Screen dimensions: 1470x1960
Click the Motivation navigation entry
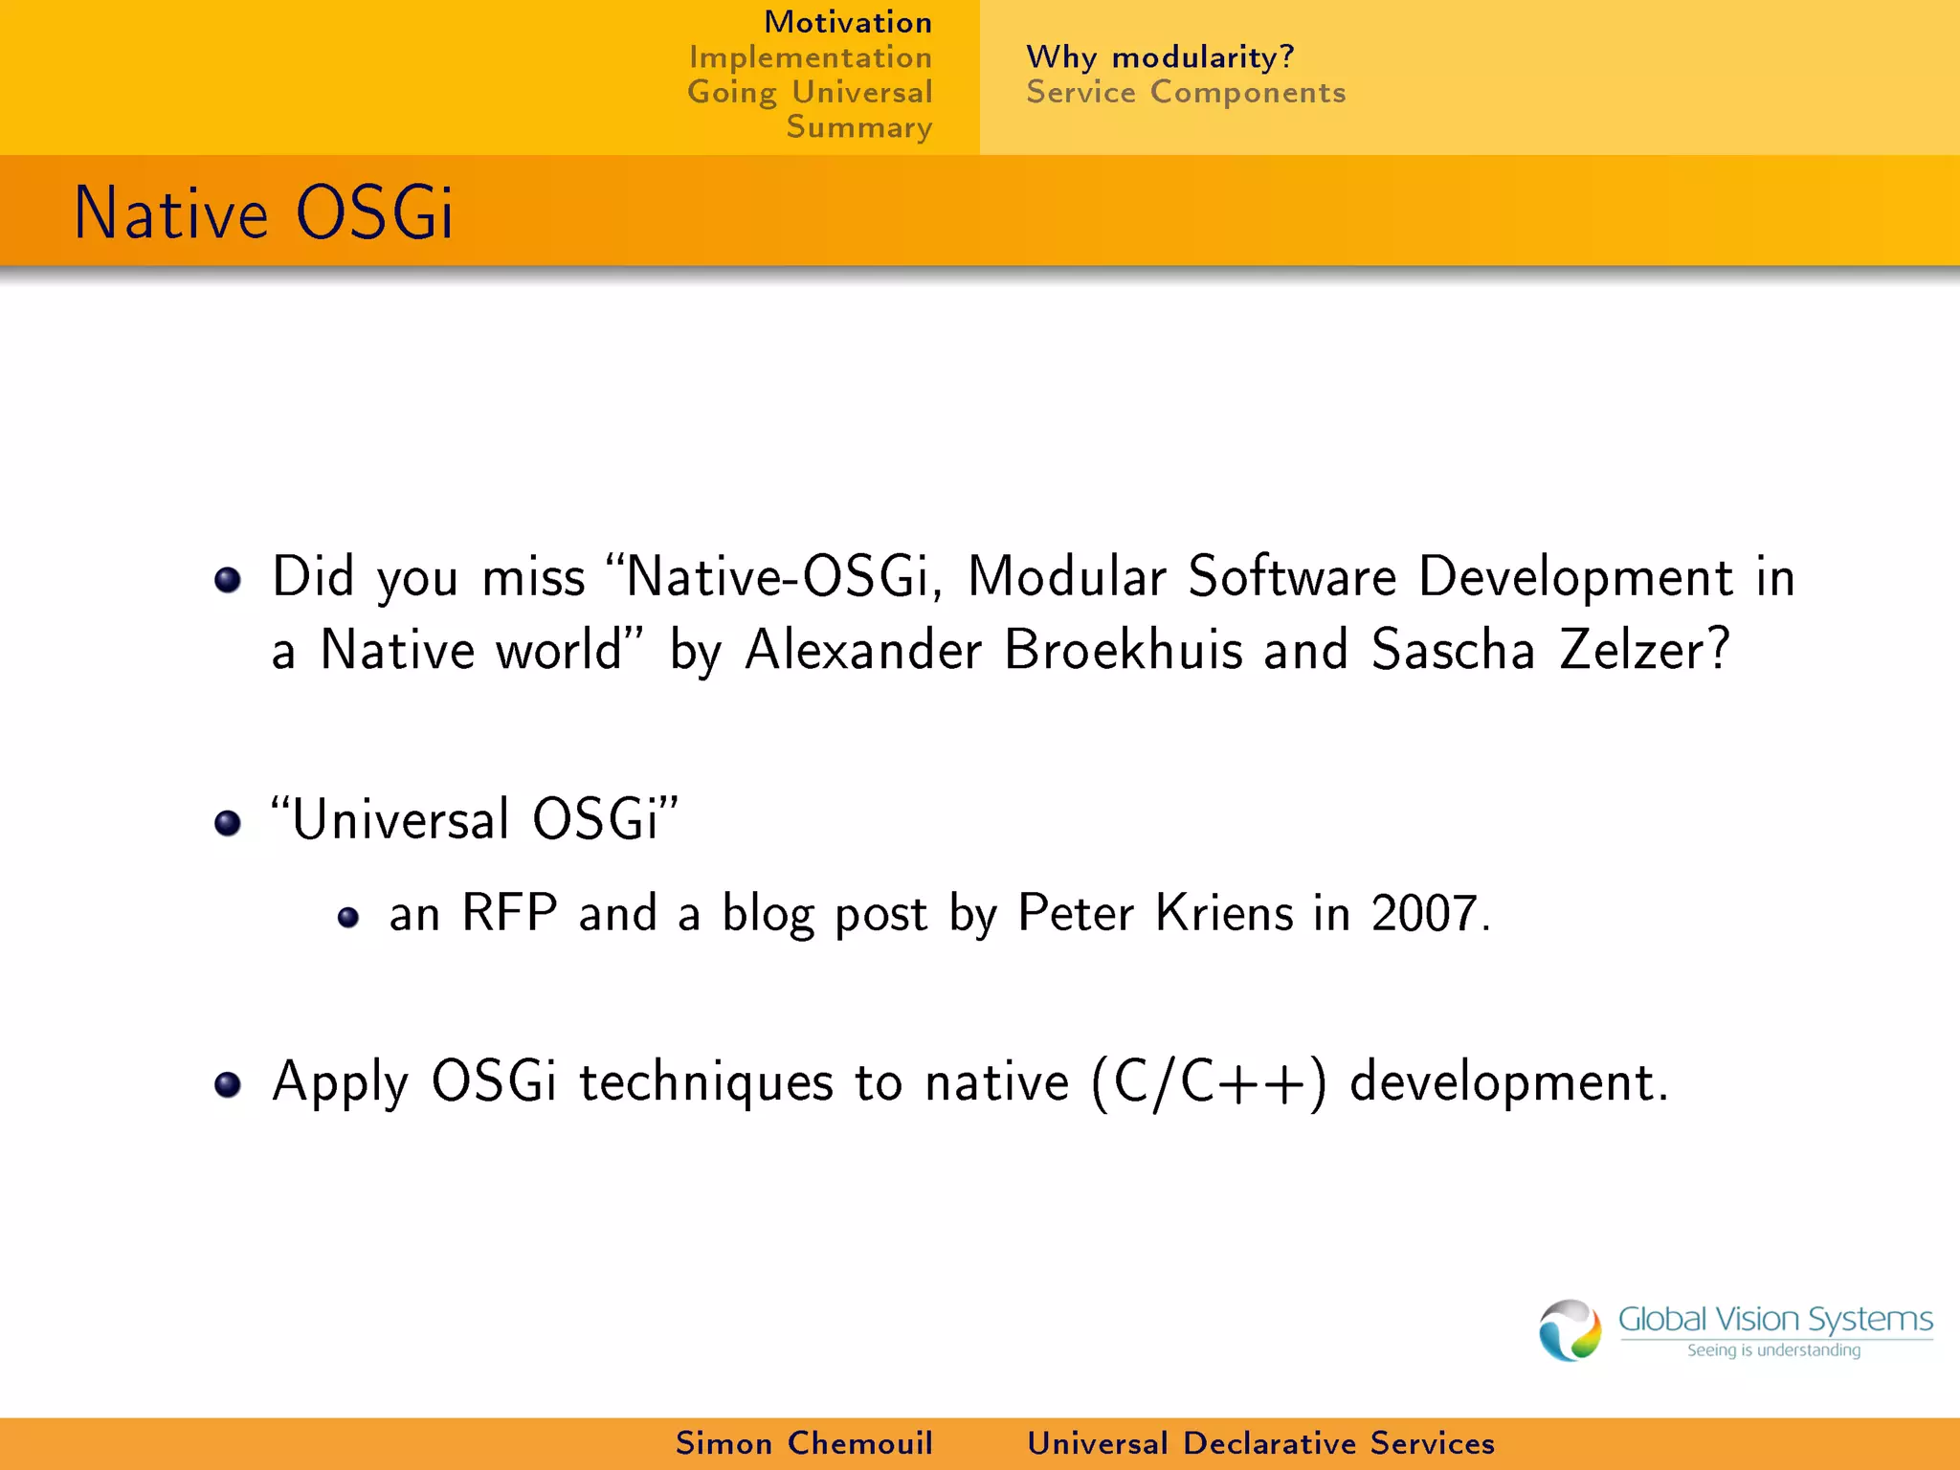tap(847, 22)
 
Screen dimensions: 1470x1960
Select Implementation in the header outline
tap(810, 57)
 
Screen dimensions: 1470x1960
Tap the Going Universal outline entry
tap(810, 93)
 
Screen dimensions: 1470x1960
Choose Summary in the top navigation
tap(858, 127)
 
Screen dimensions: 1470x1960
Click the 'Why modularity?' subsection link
tap(1160, 57)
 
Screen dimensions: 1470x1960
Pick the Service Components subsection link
tap(1186, 93)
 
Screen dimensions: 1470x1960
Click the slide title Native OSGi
tap(263, 212)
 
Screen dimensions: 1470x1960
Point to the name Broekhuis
tap(1124, 650)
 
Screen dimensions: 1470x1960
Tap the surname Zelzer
tap(1644, 650)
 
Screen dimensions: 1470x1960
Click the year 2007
tap(1424, 913)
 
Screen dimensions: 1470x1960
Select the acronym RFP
tap(509, 912)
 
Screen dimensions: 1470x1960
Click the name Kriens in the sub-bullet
tap(1224, 912)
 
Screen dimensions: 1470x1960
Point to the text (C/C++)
tap(1209, 1083)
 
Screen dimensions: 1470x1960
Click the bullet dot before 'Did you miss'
tap(228, 579)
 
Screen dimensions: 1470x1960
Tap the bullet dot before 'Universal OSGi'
tap(228, 822)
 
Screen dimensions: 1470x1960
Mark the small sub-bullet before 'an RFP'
tap(348, 918)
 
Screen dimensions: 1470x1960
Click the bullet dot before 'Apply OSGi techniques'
tap(228, 1084)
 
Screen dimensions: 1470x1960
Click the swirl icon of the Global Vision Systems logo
tap(1570, 1330)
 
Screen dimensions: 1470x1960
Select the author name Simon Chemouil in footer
tap(804, 1443)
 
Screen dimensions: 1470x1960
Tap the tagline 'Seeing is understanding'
tap(1773, 1350)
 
